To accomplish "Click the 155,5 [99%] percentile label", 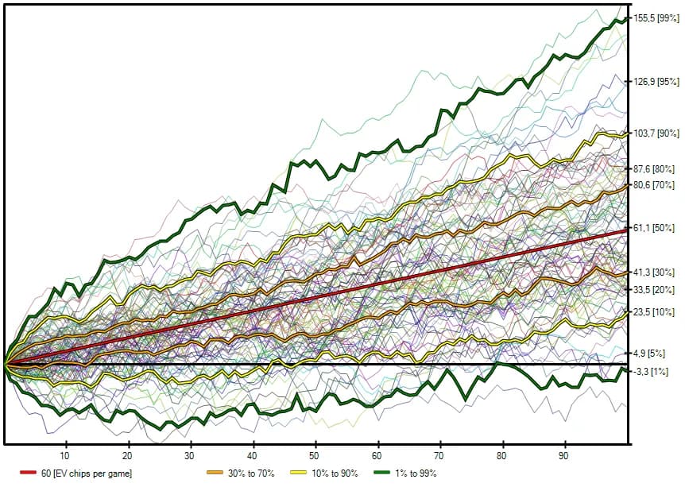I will pos(656,17).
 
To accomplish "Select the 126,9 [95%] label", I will pos(656,81).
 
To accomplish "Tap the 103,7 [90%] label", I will pos(656,133).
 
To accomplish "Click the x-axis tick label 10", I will pos(65,456).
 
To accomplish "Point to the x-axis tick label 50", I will pos(315,456).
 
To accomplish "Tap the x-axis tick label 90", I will pos(564,456).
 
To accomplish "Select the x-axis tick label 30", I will pos(190,456).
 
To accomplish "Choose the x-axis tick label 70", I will pos(439,456).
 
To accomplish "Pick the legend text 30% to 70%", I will pos(250,474).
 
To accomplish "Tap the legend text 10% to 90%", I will pos(339,474).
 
